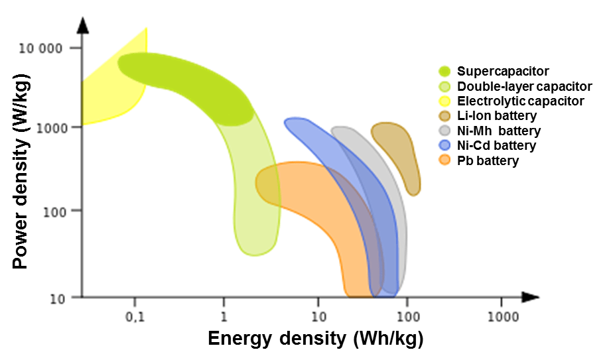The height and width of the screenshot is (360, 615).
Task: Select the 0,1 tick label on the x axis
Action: pos(135,316)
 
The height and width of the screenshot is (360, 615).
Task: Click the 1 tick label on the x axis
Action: pos(224,316)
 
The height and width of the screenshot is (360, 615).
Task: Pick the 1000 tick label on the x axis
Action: pos(503,316)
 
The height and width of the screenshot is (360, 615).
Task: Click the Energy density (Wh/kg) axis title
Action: pos(315,339)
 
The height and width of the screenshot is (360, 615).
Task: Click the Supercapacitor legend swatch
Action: pos(444,72)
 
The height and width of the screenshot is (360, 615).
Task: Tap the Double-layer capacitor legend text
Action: pos(525,86)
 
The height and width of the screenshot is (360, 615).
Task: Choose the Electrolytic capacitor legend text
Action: pos(521,101)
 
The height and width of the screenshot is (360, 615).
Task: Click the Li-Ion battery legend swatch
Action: pos(444,116)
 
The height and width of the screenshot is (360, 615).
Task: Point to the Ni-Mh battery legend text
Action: pos(499,131)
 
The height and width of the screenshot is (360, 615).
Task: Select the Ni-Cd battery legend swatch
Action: pos(444,145)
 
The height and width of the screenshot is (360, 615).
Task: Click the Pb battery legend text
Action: pos(488,160)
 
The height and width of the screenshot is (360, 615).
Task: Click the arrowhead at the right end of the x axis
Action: pos(530,297)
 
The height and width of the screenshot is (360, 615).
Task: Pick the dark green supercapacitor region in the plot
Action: pos(186,86)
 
